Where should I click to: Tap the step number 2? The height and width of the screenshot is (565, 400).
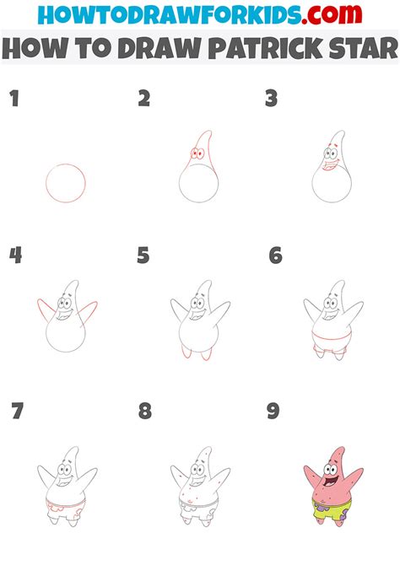[x=144, y=100]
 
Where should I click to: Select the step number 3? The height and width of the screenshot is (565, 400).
[x=271, y=100]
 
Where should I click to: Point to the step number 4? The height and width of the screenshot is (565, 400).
[x=14, y=255]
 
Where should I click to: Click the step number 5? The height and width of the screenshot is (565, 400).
[x=143, y=255]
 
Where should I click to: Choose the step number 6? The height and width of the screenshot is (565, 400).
[x=275, y=255]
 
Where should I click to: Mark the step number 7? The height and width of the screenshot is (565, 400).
[x=17, y=412]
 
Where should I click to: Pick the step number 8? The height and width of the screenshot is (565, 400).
[x=145, y=412]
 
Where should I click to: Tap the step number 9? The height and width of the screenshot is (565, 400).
[x=273, y=412]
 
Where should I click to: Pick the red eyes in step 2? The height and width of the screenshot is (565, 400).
[x=199, y=154]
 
